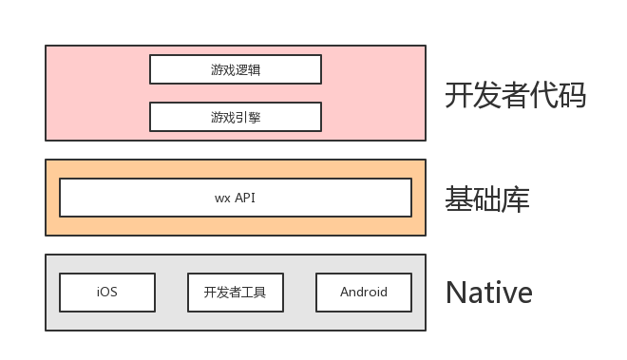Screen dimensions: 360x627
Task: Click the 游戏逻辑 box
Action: [x=236, y=69]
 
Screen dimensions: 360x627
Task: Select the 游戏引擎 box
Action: [x=236, y=117]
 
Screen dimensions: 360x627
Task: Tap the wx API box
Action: [x=236, y=198]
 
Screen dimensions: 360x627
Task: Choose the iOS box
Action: [x=107, y=293]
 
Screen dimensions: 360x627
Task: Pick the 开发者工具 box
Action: [x=236, y=293]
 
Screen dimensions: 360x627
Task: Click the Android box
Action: [x=364, y=293]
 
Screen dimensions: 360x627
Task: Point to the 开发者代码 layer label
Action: [x=515, y=95]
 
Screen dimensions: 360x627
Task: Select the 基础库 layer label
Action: [x=487, y=199]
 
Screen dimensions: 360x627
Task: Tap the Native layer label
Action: [x=488, y=293]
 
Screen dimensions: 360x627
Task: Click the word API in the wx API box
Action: [x=245, y=198]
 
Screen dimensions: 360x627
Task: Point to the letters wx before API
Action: [x=222, y=198]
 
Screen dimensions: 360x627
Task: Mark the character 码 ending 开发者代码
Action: [x=572, y=95]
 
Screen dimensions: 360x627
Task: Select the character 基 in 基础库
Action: [x=459, y=199]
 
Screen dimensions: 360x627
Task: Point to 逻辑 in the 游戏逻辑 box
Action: [x=248, y=69]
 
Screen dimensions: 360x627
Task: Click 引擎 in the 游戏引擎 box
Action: [x=248, y=117]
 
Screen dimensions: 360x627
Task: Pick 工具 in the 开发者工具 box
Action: [x=255, y=293]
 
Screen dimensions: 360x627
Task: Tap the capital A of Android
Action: [x=345, y=293]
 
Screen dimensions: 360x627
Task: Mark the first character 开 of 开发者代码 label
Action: [x=459, y=95]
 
